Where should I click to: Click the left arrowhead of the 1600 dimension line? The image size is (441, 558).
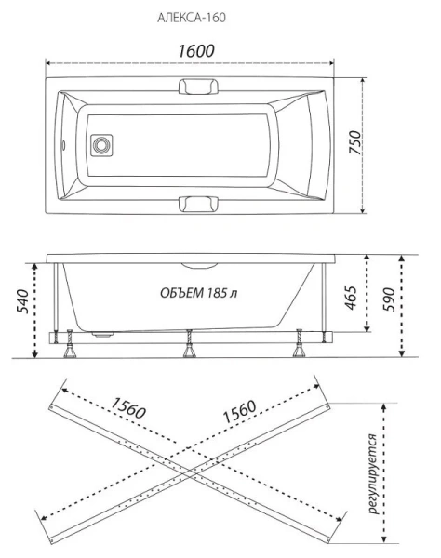click(50, 64)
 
